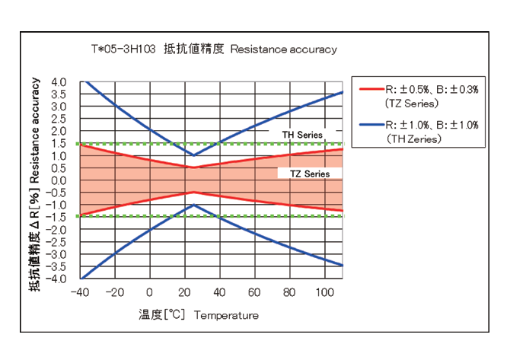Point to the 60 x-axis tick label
pyautogui.click(x=254, y=293)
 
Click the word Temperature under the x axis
pyautogui.click(x=226, y=315)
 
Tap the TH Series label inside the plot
pyautogui.click(x=302, y=135)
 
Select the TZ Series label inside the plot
pyautogui.click(x=310, y=174)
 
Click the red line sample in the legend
pyautogui.click(x=371, y=89)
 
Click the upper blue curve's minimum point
pyautogui.click(x=193, y=155)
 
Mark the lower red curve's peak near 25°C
pyautogui.click(x=193, y=193)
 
